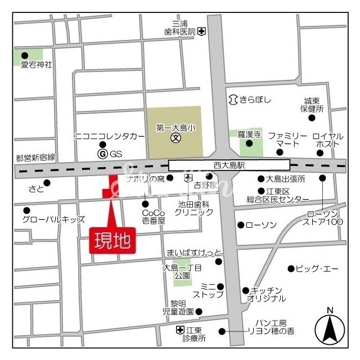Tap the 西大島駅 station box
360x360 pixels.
pos(229,165)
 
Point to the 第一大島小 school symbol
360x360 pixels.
pos(175,137)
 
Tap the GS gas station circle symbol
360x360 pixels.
pos(102,154)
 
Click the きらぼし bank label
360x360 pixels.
pos(255,100)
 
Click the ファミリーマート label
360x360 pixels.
pos(287,140)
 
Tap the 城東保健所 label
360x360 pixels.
pos(313,104)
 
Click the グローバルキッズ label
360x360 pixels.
pos(53,219)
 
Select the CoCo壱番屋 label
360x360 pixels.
pos(153,217)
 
